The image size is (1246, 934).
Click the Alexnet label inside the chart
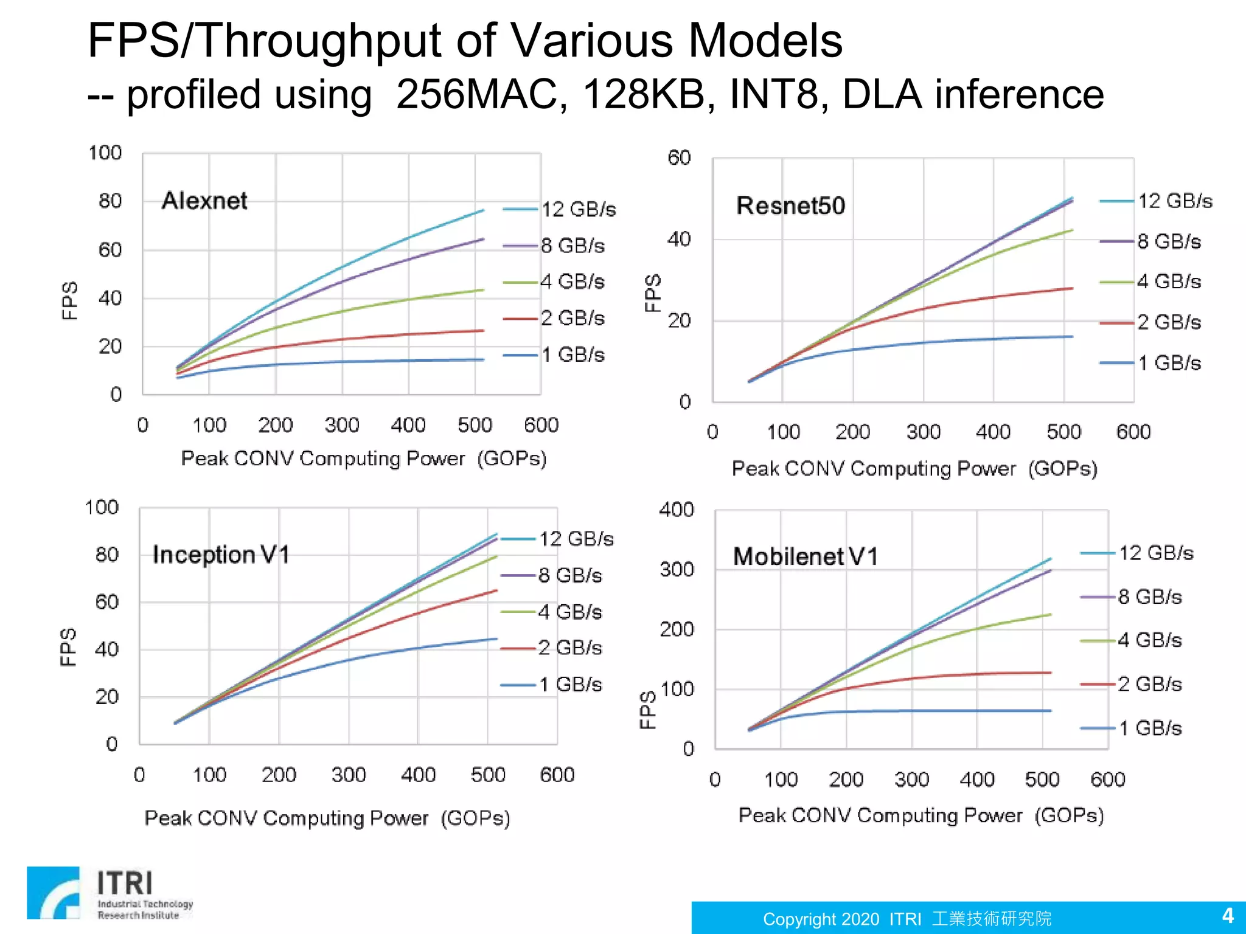[x=204, y=201]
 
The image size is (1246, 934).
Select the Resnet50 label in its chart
[x=790, y=206]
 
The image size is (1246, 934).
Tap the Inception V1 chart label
[x=221, y=555]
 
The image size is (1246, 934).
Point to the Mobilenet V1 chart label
[x=806, y=556]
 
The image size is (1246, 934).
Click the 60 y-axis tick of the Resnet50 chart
[x=679, y=158]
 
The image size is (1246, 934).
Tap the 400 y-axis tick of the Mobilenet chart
[x=676, y=510]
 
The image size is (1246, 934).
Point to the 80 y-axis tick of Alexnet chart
[x=110, y=201]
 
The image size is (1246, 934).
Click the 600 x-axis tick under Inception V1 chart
[x=557, y=775]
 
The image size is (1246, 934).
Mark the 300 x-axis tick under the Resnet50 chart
[x=923, y=432]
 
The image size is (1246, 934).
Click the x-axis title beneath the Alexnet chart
[x=364, y=458]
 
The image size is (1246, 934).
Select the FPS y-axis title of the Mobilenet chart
[x=647, y=709]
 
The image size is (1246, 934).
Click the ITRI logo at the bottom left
[x=110, y=893]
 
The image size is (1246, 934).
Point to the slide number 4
[x=1228, y=916]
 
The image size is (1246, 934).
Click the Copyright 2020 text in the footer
[x=821, y=919]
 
